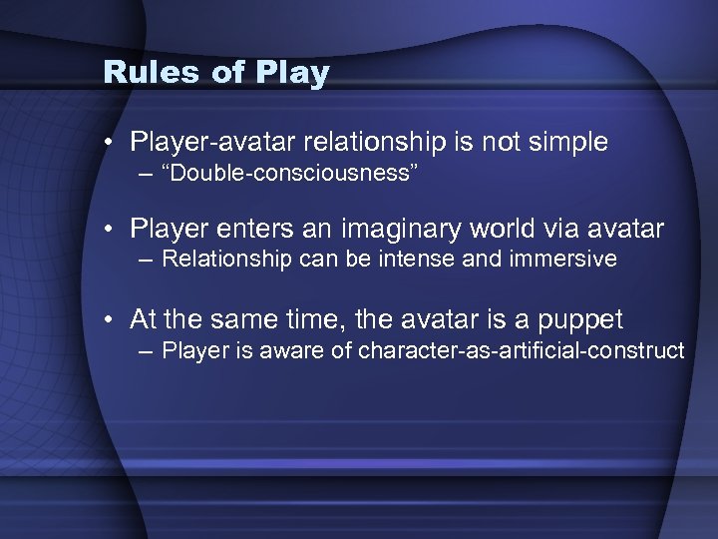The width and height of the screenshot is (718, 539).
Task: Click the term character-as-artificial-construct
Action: point(521,351)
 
